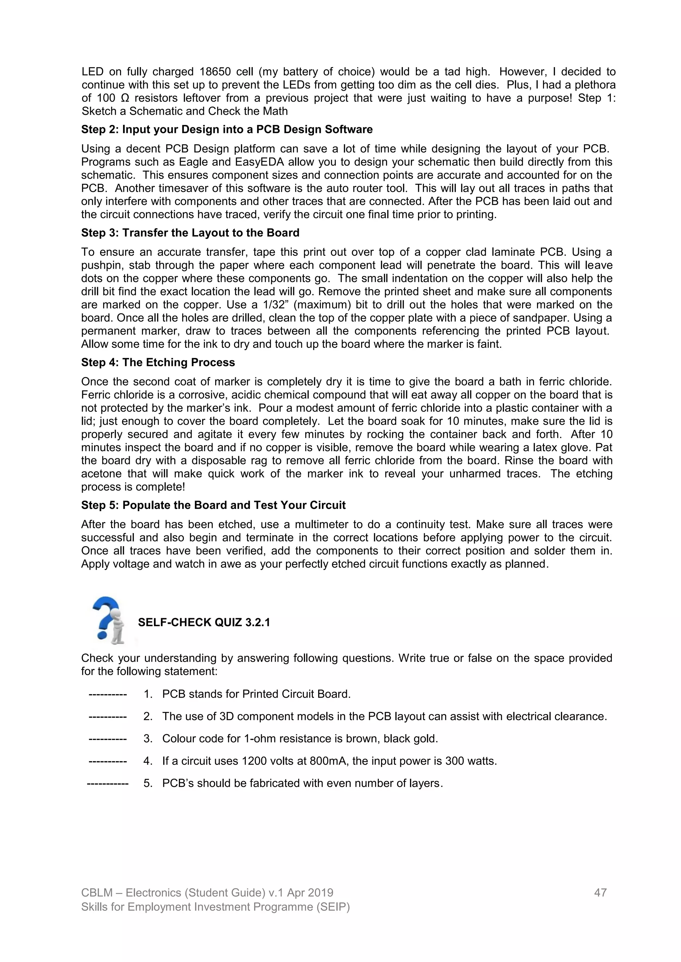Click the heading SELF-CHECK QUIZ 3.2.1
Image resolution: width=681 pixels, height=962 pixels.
tap(204, 623)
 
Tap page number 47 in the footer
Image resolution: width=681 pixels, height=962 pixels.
tap(600, 893)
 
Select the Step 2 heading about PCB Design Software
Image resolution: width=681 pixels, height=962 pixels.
tap(226, 130)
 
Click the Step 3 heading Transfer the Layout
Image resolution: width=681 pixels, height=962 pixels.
tap(190, 233)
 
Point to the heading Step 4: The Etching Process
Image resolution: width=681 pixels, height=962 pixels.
tap(158, 362)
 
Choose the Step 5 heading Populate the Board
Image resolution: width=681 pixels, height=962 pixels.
tap(213, 505)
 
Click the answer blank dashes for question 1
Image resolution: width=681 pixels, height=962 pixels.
tap(107, 694)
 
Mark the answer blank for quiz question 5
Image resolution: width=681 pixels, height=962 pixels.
tap(107, 783)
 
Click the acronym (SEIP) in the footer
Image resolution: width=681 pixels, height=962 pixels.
tap(334, 907)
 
